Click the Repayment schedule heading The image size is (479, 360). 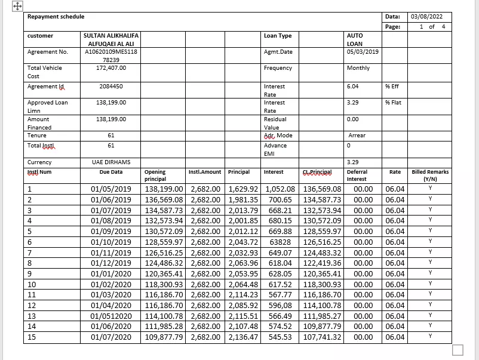click(x=56, y=17)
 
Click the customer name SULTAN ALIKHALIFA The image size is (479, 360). click(x=110, y=36)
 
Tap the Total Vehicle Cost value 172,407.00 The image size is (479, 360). click(x=111, y=68)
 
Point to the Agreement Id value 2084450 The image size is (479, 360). click(x=111, y=87)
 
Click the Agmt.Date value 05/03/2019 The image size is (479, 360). click(x=363, y=52)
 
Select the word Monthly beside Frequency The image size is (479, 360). click(x=358, y=68)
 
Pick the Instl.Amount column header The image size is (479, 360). click(x=205, y=172)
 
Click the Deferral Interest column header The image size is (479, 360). click(x=357, y=176)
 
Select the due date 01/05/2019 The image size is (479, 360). click(x=111, y=189)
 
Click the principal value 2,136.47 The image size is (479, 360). click(x=243, y=337)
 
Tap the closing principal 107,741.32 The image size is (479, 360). click(x=323, y=337)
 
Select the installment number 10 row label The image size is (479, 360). click(x=32, y=285)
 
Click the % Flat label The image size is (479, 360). click(x=393, y=103)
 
